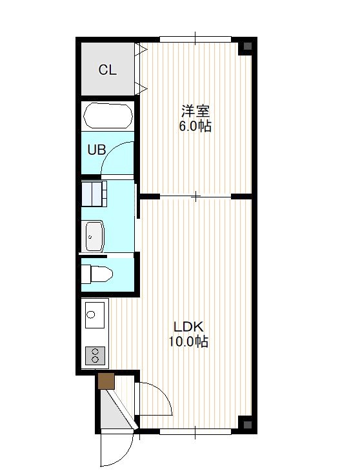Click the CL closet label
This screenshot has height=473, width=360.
(x=107, y=70)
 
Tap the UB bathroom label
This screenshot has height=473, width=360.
(x=97, y=150)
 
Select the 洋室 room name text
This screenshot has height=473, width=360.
(x=195, y=111)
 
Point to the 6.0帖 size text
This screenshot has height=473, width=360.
(x=195, y=126)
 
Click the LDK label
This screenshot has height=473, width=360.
(x=188, y=327)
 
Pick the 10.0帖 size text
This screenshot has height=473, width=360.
(x=188, y=341)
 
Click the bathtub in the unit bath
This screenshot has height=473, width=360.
(x=108, y=116)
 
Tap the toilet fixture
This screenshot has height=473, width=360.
(x=97, y=274)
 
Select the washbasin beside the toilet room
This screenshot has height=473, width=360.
(x=95, y=236)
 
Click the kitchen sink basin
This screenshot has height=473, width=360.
(x=95, y=315)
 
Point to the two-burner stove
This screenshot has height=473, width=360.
(x=95, y=356)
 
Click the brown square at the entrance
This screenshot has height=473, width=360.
(x=106, y=381)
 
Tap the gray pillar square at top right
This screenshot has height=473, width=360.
(x=247, y=46)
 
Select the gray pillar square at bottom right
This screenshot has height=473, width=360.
(x=247, y=425)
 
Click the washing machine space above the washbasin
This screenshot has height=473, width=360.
(x=94, y=194)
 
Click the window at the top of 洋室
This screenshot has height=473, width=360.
(x=195, y=39)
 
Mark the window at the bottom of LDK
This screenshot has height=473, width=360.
(x=195, y=432)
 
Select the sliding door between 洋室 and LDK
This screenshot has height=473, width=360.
(x=195, y=197)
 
